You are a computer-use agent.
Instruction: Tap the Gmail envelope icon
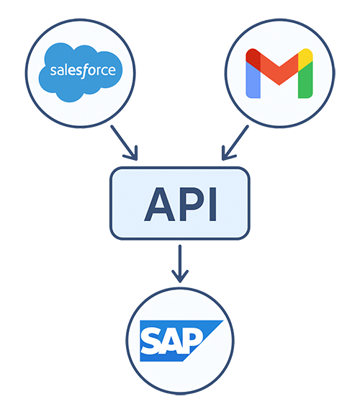click(279, 73)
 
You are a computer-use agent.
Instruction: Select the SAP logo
click(180, 341)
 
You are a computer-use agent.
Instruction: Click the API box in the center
click(180, 203)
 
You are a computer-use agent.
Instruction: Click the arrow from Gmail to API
click(235, 142)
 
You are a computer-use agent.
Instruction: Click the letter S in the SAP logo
click(153, 341)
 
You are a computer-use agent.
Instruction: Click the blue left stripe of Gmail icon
click(253, 80)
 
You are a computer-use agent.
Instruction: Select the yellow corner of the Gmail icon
click(305, 55)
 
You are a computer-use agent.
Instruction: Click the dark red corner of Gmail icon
click(252, 55)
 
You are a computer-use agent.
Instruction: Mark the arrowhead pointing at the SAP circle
click(180, 277)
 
